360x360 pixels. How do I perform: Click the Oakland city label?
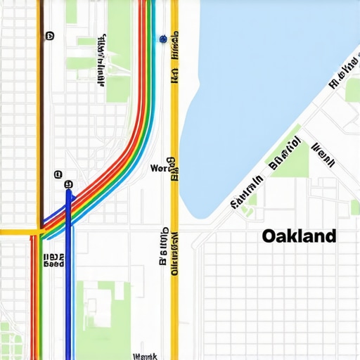coord(299,236)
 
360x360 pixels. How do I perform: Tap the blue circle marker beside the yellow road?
coord(163,39)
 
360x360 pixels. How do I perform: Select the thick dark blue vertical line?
coord(68,281)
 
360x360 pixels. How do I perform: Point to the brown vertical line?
coord(39,105)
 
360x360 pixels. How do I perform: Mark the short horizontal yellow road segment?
coord(18,231)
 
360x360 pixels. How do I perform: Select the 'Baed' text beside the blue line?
coord(53,264)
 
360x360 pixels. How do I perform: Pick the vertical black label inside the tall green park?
coord(102,60)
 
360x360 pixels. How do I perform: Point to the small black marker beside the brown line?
coord(49,34)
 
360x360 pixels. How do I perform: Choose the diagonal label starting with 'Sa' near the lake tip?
coord(247,193)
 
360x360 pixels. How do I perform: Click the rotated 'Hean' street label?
coord(323,155)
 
